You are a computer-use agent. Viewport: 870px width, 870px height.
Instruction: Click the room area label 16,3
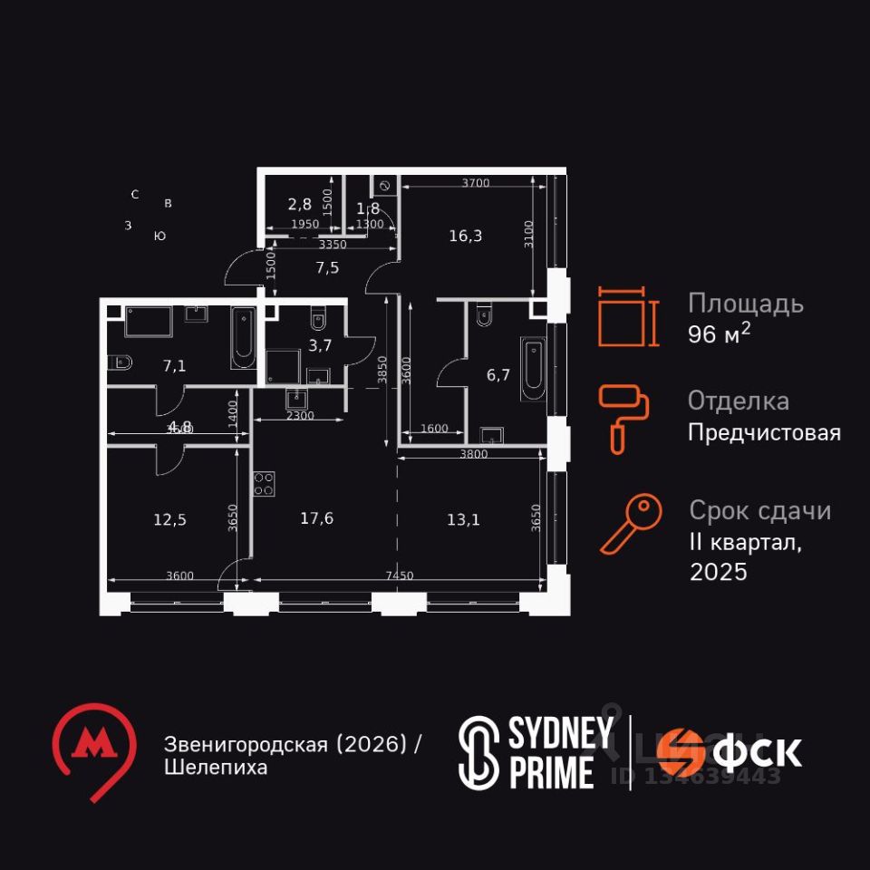click(x=466, y=237)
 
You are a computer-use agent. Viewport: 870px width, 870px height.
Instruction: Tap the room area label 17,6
click(x=317, y=518)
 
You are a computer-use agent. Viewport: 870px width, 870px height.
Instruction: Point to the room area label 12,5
click(x=170, y=519)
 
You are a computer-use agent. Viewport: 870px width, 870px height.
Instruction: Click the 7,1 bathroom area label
click(x=175, y=365)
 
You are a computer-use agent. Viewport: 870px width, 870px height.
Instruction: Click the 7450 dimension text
click(x=399, y=575)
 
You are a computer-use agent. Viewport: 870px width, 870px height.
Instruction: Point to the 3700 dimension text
click(x=475, y=183)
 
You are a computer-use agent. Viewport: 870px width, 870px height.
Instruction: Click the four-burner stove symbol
click(x=264, y=484)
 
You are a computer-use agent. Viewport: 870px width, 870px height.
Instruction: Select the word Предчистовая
click(x=764, y=433)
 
